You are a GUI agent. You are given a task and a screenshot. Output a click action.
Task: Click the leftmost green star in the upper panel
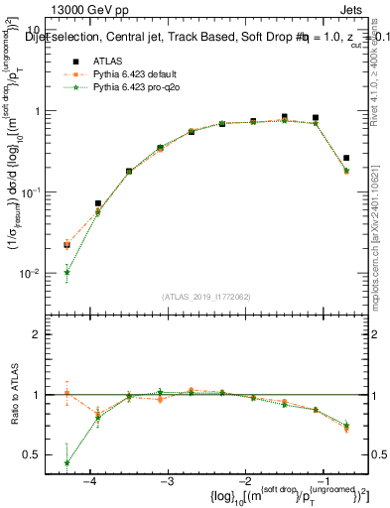click(x=66, y=272)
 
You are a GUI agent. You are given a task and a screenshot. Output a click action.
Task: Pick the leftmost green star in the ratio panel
click(x=66, y=462)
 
